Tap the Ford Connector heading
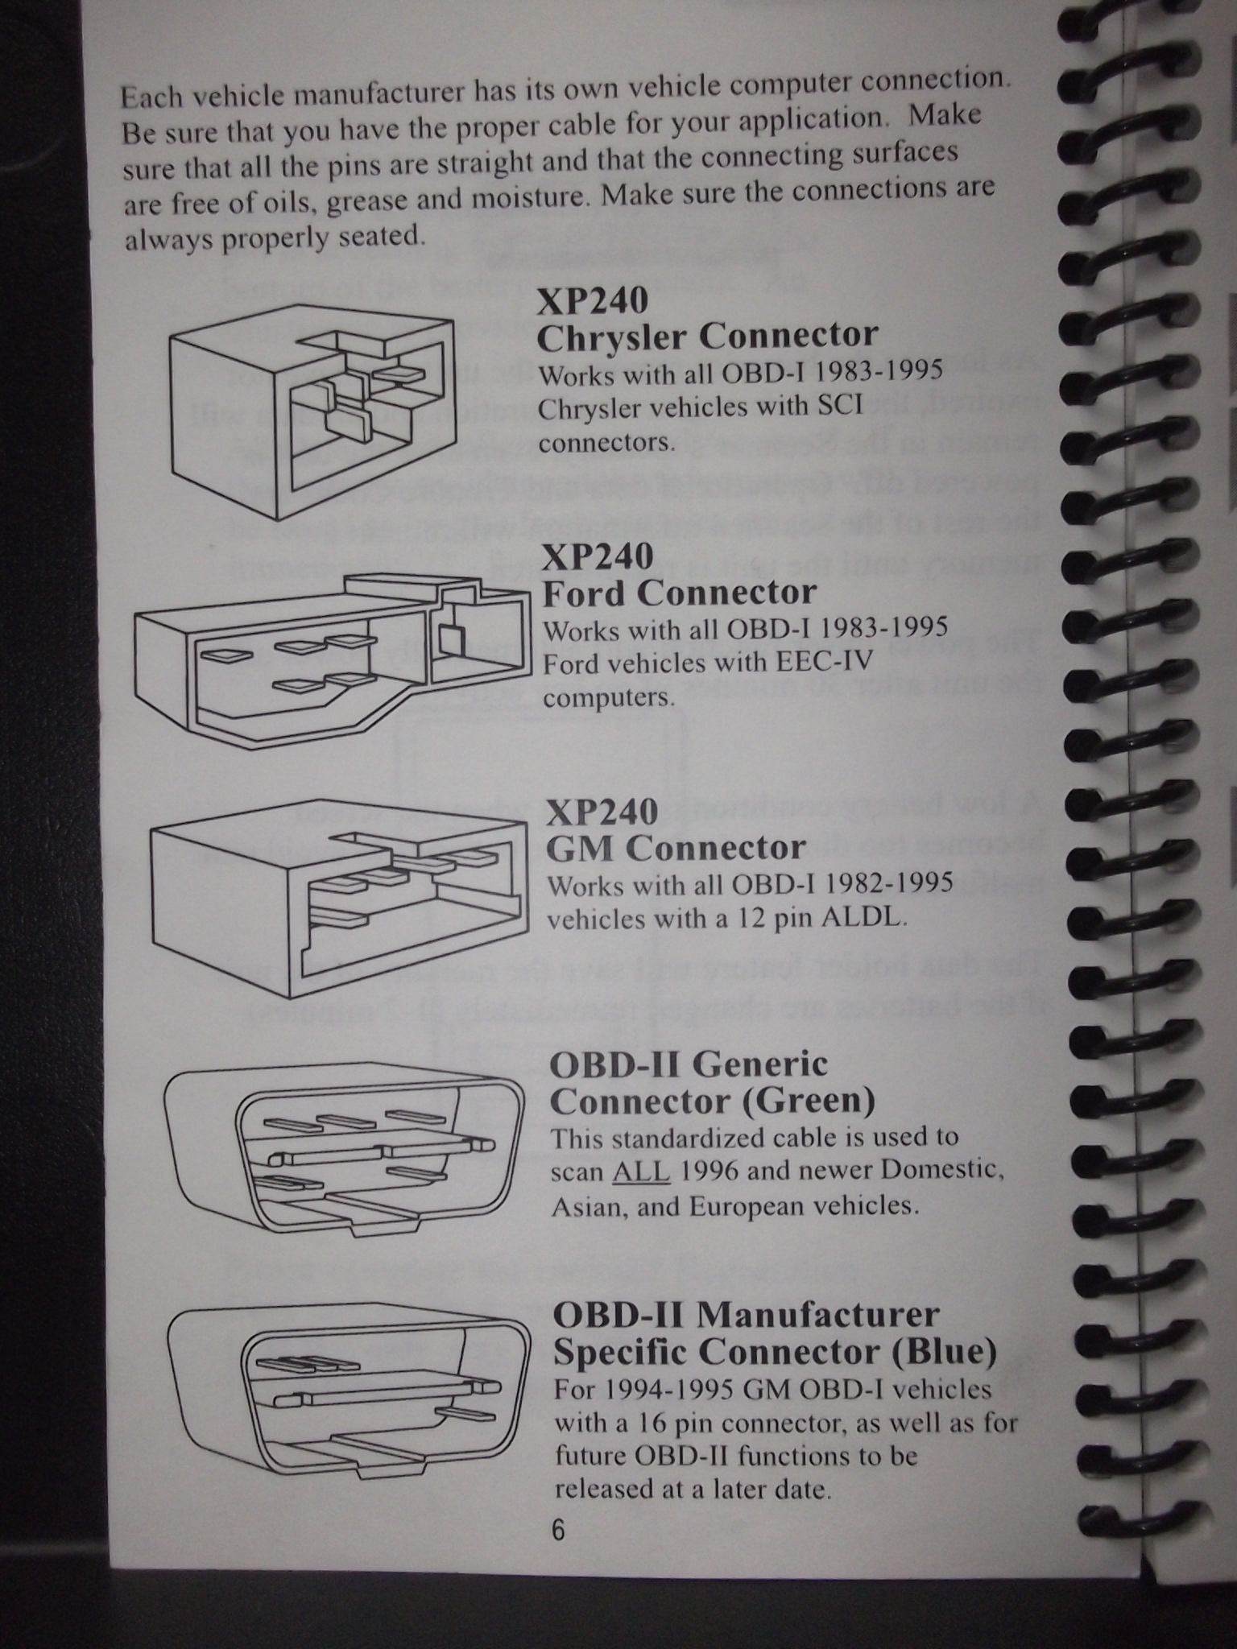tap(680, 593)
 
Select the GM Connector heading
tap(676, 848)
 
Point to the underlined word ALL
tap(641, 1171)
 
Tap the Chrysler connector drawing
tap(312, 411)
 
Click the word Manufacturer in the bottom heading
tap(817, 1314)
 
